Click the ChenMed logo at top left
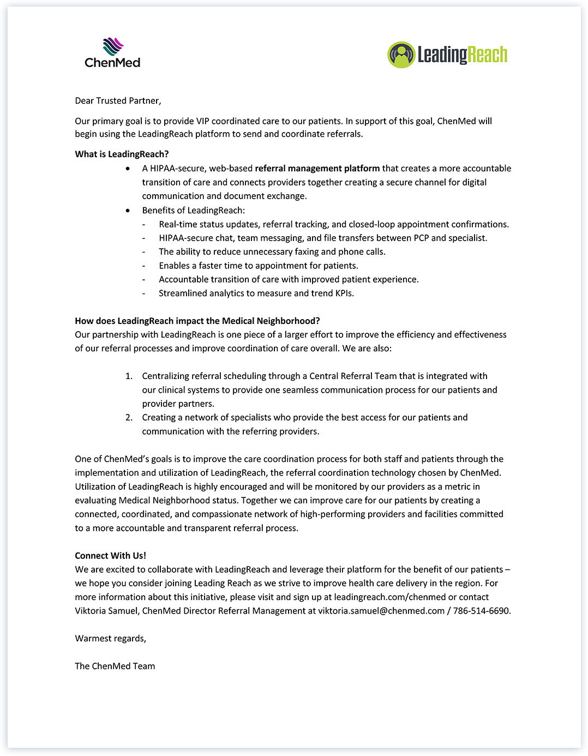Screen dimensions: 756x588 pyautogui.click(x=112, y=53)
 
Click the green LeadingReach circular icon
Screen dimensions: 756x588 pyautogui.click(x=401, y=55)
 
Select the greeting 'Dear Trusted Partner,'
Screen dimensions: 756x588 pyautogui.click(x=118, y=100)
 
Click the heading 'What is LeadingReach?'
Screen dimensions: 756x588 pyautogui.click(x=122, y=154)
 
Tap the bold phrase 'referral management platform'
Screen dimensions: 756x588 pyautogui.click(x=317, y=168)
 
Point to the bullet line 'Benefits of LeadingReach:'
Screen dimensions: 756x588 pyautogui.click(x=193, y=210)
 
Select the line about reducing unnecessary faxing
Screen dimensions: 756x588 pyautogui.click(x=272, y=251)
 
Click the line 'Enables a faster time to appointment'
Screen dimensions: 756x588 pyautogui.click(x=258, y=266)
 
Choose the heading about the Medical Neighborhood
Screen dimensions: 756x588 pyautogui.click(x=197, y=321)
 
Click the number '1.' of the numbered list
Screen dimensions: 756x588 pyautogui.click(x=129, y=376)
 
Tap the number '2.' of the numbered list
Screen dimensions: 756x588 pyautogui.click(x=129, y=417)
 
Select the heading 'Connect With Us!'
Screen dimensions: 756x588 pyautogui.click(x=110, y=555)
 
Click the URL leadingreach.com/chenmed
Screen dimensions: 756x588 pyautogui.click(x=389, y=597)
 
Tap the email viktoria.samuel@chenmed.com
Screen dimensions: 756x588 pyautogui.click(x=381, y=610)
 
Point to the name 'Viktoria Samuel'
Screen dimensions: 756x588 pyautogui.click(x=106, y=610)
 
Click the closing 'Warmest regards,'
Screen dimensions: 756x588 pyautogui.click(x=110, y=638)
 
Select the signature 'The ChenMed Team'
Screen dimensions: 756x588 pyautogui.click(x=115, y=666)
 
